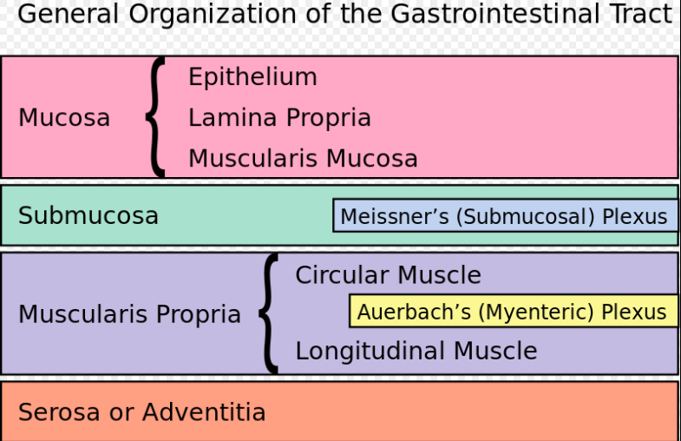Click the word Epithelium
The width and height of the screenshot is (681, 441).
(x=252, y=77)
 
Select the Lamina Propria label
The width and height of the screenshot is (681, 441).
(x=279, y=118)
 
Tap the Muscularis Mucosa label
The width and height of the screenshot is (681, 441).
(x=303, y=158)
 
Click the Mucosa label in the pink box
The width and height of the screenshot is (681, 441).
(x=64, y=118)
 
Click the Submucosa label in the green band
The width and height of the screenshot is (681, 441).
(x=88, y=215)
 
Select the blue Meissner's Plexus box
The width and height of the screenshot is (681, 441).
(x=506, y=215)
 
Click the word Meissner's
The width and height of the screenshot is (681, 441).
(x=395, y=216)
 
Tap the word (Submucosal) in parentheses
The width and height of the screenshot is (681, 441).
(x=525, y=216)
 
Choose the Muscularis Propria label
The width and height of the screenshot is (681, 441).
(x=129, y=313)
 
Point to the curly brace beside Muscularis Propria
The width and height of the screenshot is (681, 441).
(x=267, y=313)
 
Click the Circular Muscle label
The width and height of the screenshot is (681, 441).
(x=389, y=275)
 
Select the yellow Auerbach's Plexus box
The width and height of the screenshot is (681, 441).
(x=514, y=311)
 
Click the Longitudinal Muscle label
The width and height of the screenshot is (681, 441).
(x=416, y=351)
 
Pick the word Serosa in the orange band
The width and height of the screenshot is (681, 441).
(x=59, y=411)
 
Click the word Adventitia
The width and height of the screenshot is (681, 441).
(x=204, y=411)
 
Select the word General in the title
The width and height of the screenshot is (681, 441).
(x=69, y=14)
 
